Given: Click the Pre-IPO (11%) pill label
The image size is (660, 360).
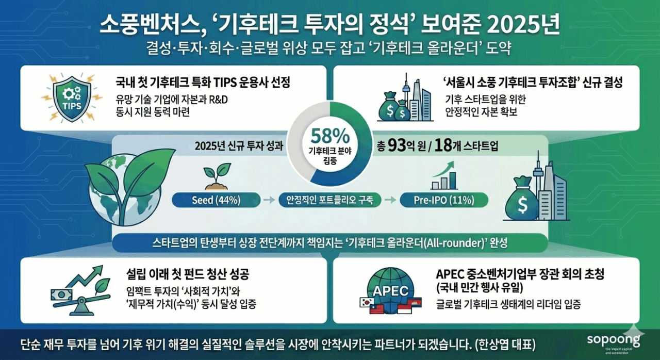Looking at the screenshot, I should pyautogui.click(x=444, y=200).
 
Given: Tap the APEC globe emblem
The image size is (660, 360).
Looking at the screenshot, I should pyautogui.click(x=389, y=290).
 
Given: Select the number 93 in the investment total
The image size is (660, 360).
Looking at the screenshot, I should pyautogui.click(x=398, y=146).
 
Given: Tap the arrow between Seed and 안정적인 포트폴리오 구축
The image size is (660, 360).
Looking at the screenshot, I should pyautogui.click(x=268, y=200).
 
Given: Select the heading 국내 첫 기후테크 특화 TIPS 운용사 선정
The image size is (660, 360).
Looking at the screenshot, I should pyautogui.click(x=203, y=82).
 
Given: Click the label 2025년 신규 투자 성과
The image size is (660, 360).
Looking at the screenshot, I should pyautogui.click(x=239, y=146).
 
